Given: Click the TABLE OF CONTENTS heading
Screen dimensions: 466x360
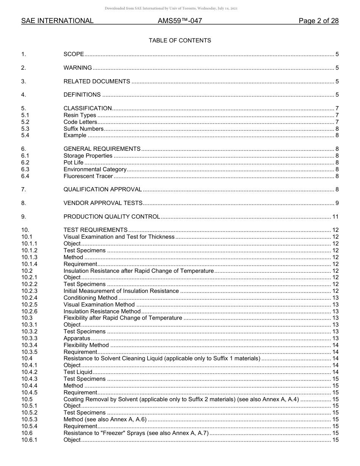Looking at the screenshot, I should (x=180, y=41).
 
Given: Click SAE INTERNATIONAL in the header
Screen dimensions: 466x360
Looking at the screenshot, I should (x=57, y=21).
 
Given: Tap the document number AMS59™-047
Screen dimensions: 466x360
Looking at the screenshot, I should (x=180, y=21).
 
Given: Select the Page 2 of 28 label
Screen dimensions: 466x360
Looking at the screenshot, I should (x=318, y=21).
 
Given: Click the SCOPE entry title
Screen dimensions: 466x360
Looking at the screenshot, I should (x=74, y=55).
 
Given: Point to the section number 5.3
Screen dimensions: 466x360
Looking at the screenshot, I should (x=25, y=129).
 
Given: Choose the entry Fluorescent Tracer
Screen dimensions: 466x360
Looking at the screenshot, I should (x=88, y=176).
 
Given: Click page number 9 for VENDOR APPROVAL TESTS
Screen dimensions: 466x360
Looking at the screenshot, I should (x=337, y=203).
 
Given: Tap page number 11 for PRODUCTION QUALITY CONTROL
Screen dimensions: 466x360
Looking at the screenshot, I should (x=335, y=217).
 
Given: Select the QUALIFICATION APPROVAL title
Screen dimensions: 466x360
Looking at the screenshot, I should (x=102, y=189).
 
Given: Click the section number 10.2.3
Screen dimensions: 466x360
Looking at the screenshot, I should (x=29, y=291).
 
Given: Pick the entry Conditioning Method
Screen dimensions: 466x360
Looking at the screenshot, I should (x=90, y=298).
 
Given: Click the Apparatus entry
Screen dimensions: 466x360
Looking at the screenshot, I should (x=77, y=338).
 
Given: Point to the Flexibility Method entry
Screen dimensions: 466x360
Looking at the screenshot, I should (x=86, y=345).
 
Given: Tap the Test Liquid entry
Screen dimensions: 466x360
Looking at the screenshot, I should (x=78, y=372).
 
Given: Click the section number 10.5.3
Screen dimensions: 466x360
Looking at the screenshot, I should (x=29, y=419).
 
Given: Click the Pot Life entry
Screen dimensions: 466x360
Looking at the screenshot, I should (x=74, y=163).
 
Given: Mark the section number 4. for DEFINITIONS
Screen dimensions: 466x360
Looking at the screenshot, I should (x=23, y=95).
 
